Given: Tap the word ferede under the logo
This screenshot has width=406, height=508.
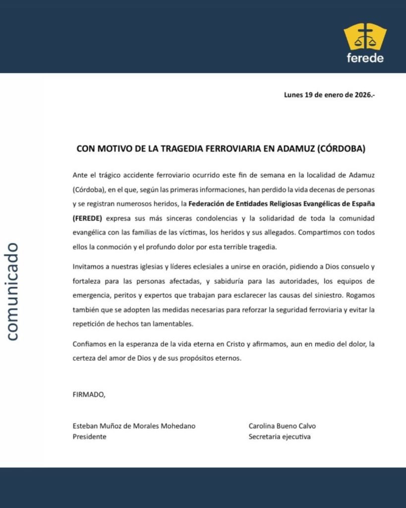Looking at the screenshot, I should click(x=365, y=58).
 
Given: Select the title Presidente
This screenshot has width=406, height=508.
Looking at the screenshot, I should click(x=90, y=437).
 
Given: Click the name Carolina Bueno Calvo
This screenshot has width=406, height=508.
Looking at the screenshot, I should click(x=282, y=426).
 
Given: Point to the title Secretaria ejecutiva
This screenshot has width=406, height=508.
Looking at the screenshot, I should click(x=280, y=437).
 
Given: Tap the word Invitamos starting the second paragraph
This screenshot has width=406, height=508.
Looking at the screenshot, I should click(x=89, y=267).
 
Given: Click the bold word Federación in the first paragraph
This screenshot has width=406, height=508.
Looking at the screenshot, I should click(x=208, y=204).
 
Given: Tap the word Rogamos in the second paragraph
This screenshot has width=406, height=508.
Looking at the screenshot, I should click(x=361, y=295).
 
